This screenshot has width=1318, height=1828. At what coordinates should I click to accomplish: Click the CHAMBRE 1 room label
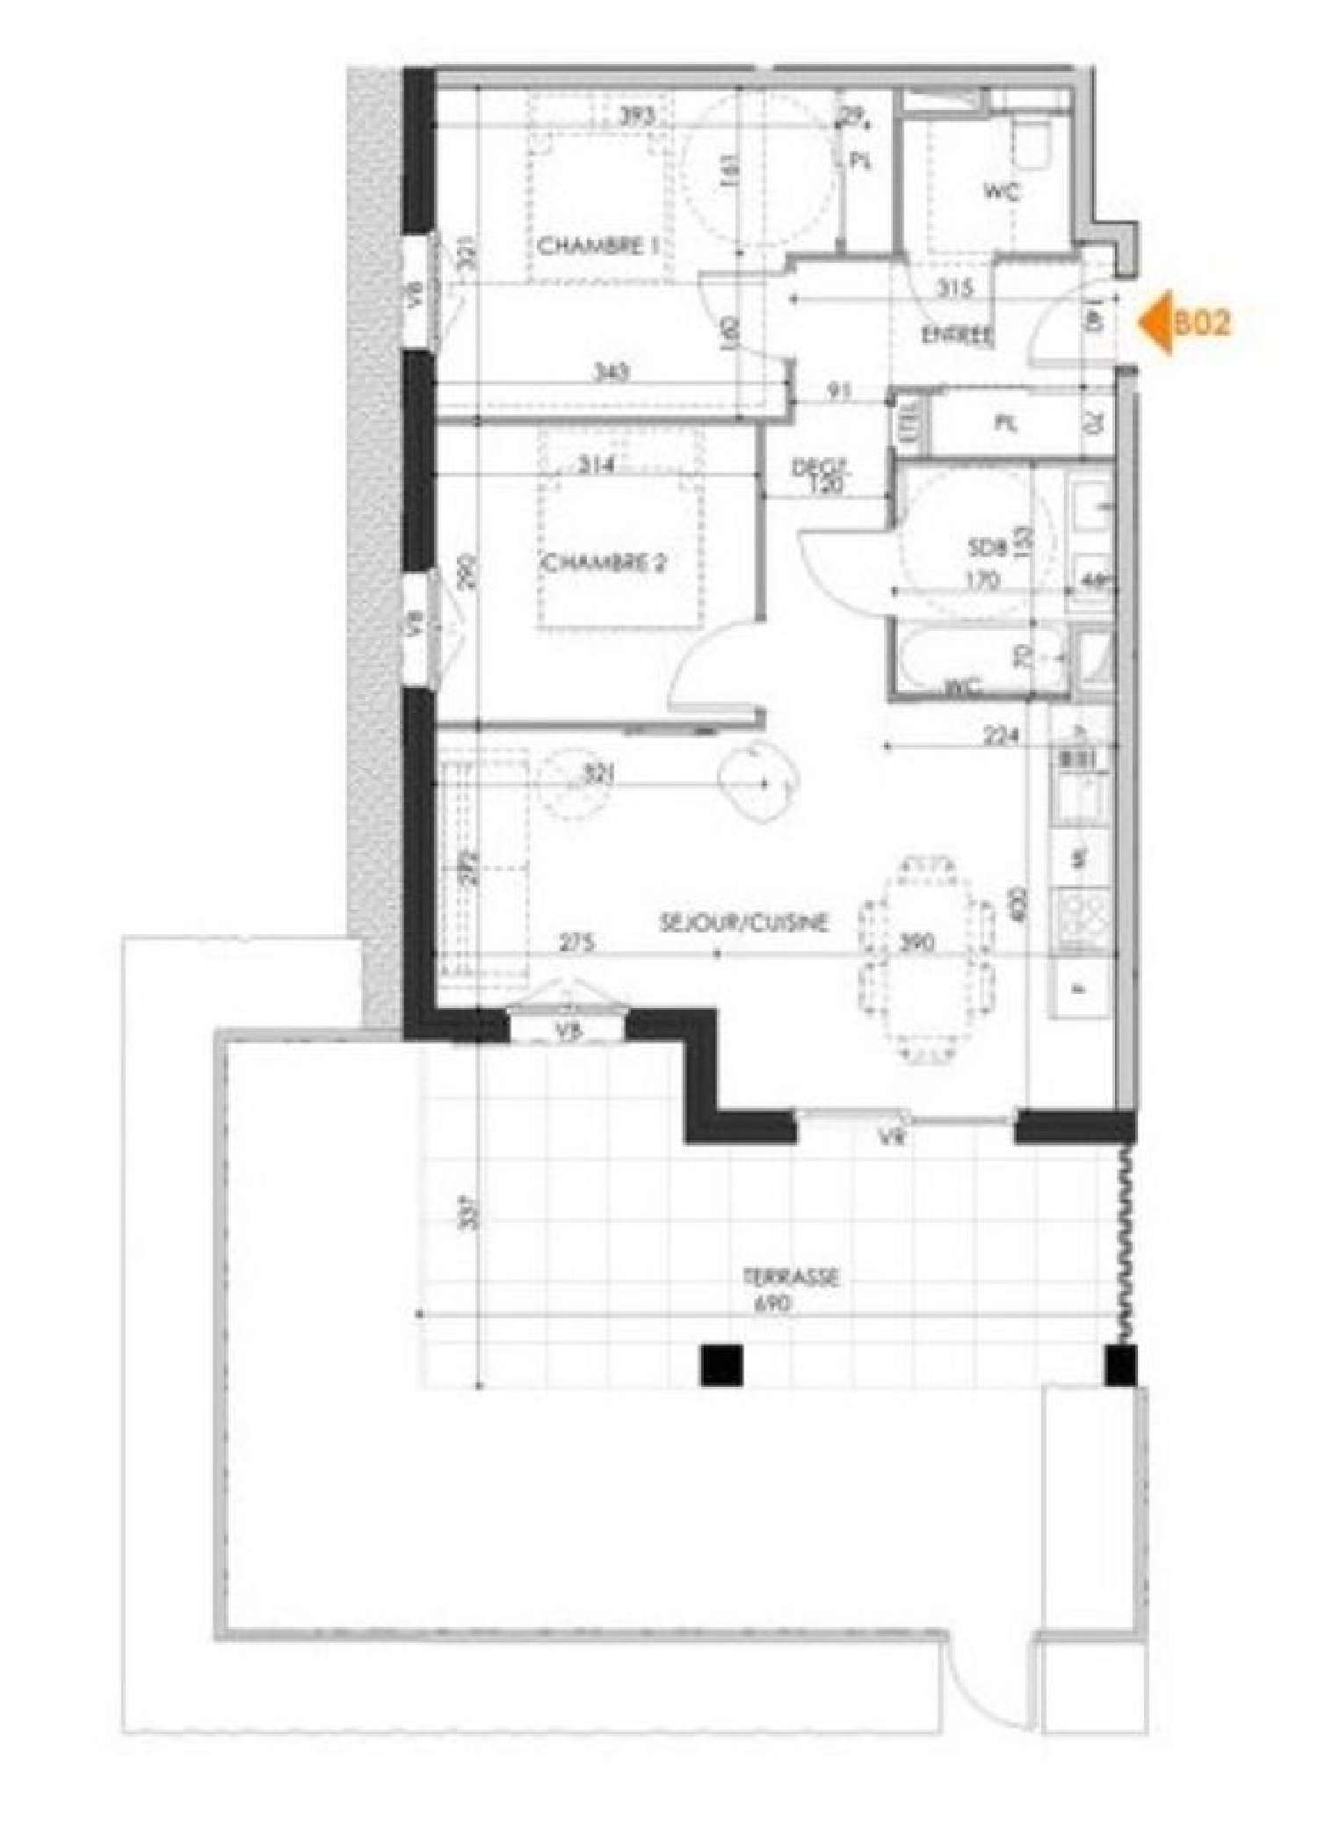(598, 246)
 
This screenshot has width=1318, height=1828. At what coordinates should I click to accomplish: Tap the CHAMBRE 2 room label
(603, 563)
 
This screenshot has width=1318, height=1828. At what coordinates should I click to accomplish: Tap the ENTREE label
(956, 335)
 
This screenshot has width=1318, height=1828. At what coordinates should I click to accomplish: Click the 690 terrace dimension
(774, 1305)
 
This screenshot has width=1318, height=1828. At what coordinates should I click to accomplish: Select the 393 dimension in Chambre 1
(634, 116)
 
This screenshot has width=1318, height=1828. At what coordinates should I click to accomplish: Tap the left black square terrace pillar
(722, 1366)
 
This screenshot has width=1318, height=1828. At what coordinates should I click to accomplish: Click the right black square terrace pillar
(1121, 1366)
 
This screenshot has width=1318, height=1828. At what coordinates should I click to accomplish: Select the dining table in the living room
(929, 958)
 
